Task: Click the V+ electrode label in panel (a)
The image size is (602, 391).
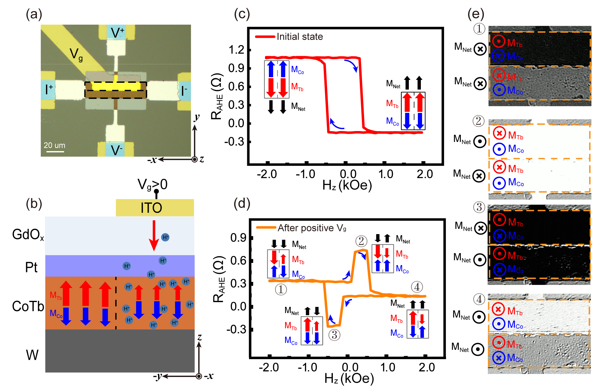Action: [x=117, y=32]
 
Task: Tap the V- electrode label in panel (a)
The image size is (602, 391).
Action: [x=116, y=150]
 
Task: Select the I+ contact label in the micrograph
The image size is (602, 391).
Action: [x=49, y=90]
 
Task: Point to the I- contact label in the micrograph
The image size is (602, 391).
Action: [x=184, y=90]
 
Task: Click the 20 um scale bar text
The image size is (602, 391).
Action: [x=54, y=145]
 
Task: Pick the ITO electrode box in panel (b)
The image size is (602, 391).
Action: [x=155, y=208]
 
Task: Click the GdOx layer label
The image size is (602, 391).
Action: [x=28, y=235]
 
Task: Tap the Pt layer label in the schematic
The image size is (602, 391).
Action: [x=31, y=267]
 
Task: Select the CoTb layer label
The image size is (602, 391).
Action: [x=28, y=307]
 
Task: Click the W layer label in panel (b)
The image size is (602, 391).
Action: [x=32, y=355]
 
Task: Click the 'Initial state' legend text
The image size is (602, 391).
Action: [x=299, y=37]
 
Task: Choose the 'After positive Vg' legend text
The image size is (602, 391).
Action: [x=312, y=228]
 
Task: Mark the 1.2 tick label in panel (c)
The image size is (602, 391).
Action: [x=236, y=50]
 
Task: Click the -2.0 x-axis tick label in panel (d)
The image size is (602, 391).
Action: [x=269, y=367]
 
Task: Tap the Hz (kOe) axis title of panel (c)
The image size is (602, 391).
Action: [x=347, y=185]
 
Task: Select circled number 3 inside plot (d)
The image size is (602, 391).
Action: [x=334, y=334]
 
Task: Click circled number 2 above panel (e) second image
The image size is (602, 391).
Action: [x=479, y=121]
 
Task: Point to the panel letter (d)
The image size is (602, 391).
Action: [x=242, y=203]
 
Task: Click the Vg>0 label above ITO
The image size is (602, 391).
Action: [x=152, y=185]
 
